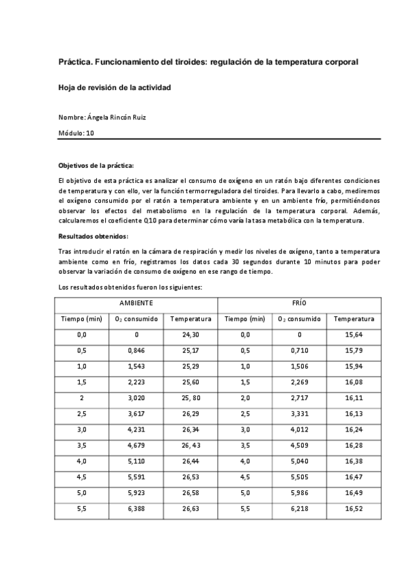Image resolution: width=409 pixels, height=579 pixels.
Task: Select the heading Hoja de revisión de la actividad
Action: point(114,88)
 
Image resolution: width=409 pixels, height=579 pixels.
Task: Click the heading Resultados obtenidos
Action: point(93,236)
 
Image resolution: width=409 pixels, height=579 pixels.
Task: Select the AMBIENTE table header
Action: point(136,302)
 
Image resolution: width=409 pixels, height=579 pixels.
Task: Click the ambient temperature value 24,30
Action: point(191,335)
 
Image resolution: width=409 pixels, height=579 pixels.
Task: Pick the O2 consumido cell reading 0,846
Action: point(136,351)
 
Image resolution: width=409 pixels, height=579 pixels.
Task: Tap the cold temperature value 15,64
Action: point(354,335)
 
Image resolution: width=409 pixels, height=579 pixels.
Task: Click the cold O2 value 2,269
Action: point(299,382)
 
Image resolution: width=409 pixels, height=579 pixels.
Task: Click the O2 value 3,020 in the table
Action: point(136,398)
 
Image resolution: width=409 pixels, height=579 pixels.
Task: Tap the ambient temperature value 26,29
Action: point(191,414)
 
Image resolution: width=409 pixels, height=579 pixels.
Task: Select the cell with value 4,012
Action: point(299,429)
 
